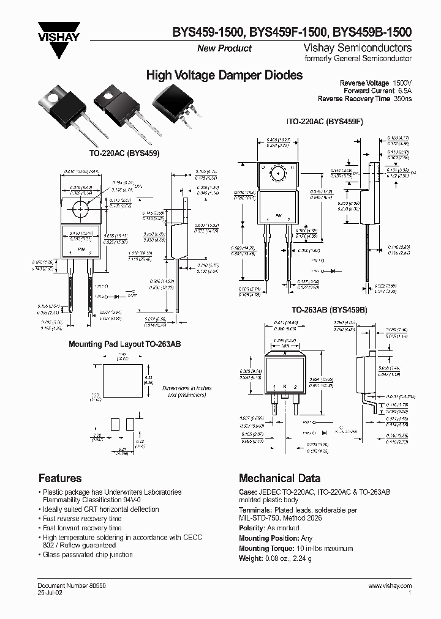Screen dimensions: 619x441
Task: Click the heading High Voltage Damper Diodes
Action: (224, 76)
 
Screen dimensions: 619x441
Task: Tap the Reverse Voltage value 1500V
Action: (402, 83)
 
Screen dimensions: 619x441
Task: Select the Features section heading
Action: (60, 478)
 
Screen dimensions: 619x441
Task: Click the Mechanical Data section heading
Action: (279, 478)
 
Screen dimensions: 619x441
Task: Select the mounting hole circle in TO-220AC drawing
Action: (80, 208)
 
